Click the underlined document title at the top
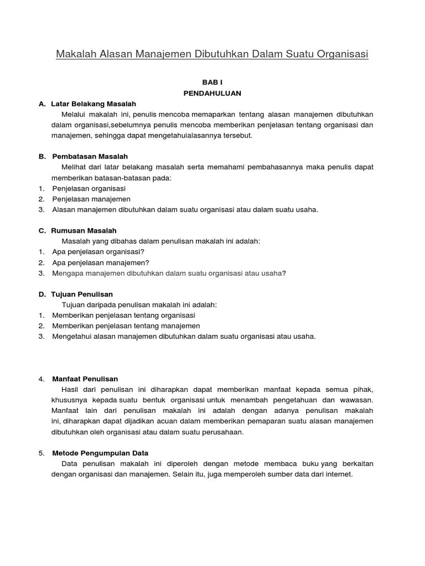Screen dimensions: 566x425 point(212,54)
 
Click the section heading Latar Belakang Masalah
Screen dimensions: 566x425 point(94,103)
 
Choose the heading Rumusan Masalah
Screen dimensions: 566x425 point(84,230)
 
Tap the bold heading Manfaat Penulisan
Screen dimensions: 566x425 point(85,379)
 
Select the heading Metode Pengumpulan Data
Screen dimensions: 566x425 point(100,453)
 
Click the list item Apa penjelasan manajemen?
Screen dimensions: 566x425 point(101,263)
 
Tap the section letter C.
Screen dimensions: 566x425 point(42,230)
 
